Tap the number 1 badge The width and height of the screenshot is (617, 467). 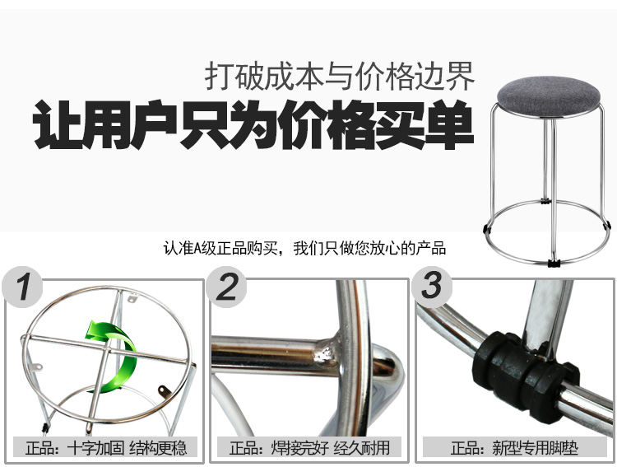22,287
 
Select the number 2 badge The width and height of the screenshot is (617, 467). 227,287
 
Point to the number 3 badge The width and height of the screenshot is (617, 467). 432,287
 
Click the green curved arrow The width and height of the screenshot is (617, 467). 114,356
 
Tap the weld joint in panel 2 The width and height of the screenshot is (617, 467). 326,353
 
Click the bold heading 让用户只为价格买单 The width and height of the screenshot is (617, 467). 253,124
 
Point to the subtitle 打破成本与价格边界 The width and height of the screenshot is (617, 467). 339,76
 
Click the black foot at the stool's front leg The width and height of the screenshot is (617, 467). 554,263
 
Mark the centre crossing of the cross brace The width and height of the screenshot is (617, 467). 107,348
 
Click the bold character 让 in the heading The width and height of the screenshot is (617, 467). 58,125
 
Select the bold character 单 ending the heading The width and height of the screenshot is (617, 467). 449,125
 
